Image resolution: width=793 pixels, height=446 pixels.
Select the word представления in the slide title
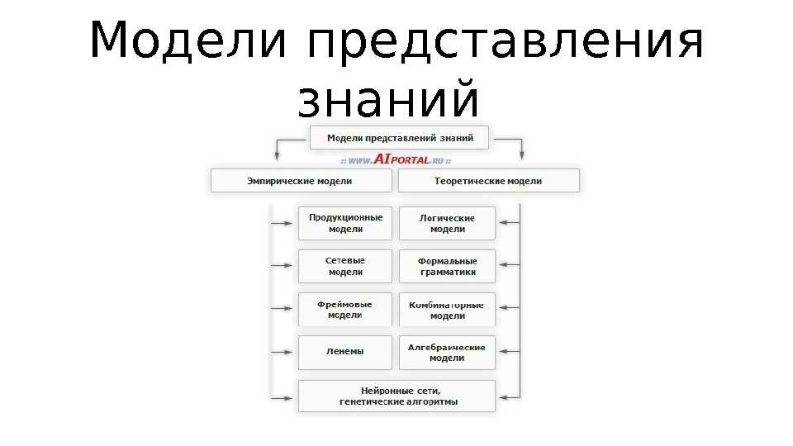pos(505,43)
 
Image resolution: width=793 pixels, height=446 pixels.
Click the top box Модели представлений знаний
pos(400,138)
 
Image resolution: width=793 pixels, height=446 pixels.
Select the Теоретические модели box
pos(489,181)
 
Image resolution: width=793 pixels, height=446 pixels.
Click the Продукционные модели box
pos(345,223)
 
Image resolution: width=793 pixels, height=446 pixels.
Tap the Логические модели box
pos(447,223)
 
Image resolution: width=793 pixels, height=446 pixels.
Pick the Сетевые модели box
pos(345,266)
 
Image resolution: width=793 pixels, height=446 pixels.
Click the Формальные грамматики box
pos(447,266)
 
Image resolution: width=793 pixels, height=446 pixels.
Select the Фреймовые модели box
pos(345,309)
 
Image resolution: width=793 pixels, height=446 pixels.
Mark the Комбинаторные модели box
pos(447,309)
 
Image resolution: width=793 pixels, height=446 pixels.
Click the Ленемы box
pos(345,352)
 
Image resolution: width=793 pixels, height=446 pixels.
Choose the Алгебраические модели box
pos(447,353)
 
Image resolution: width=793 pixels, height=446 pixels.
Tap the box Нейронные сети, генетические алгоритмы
pos(397,396)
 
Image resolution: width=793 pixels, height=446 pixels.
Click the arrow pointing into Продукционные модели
pos(285,223)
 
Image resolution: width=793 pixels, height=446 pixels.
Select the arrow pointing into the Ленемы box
pos(285,352)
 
